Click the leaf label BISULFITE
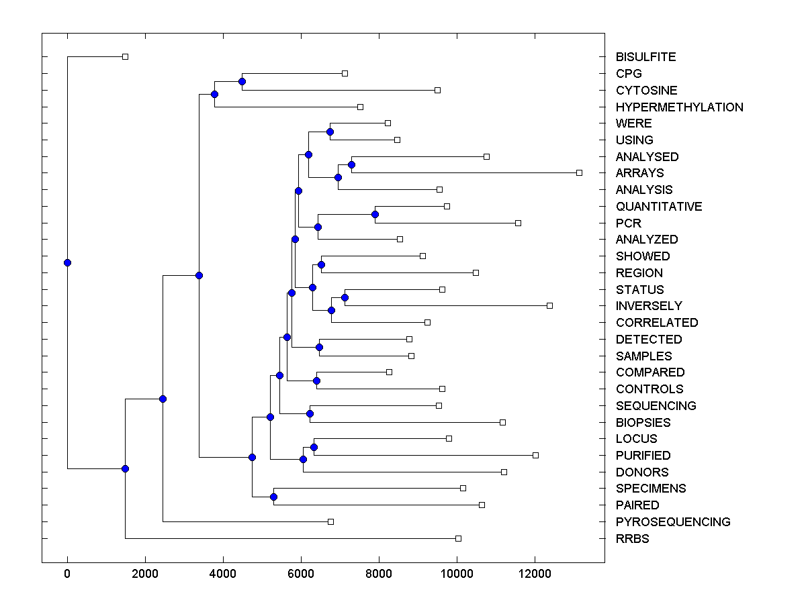point(645,57)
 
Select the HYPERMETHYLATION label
point(679,107)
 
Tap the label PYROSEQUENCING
point(672,521)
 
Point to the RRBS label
point(632,538)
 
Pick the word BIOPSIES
point(643,422)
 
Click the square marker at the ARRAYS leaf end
point(579,173)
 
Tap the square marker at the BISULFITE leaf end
point(125,56)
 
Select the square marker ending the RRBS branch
point(458,538)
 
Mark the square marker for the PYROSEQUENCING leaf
point(330,521)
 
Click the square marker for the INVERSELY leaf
point(549,305)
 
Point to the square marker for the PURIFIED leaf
point(535,455)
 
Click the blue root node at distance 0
point(67,262)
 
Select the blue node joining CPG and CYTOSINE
point(242,81)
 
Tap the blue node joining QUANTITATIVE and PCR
point(375,214)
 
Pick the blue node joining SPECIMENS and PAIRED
point(273,497)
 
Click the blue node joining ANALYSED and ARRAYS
point(351,164)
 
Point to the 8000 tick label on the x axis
point(379,572)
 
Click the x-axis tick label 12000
point(535,572)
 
